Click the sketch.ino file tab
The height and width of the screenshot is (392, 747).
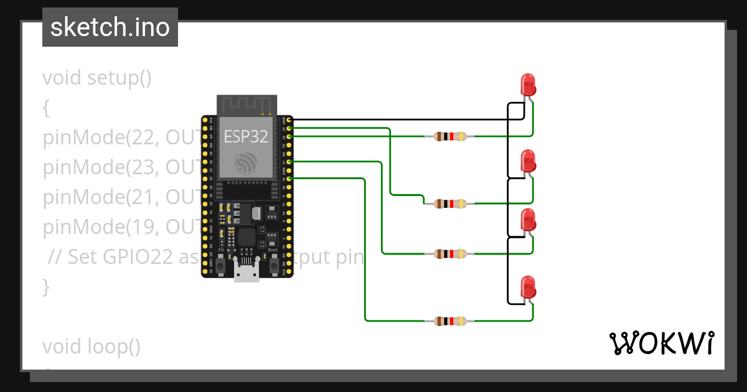110,27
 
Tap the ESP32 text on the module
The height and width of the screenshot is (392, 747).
246,136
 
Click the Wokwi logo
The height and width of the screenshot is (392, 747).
661,343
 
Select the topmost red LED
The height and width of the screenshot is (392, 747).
528,85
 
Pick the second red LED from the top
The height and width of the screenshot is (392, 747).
528,161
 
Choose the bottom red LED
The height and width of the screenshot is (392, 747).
528,287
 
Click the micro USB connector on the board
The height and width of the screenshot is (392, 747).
247,271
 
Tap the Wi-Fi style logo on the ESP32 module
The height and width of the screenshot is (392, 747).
246,162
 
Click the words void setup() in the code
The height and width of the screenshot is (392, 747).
97,78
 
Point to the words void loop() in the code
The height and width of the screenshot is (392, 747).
92,346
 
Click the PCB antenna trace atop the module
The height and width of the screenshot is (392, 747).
246,105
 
